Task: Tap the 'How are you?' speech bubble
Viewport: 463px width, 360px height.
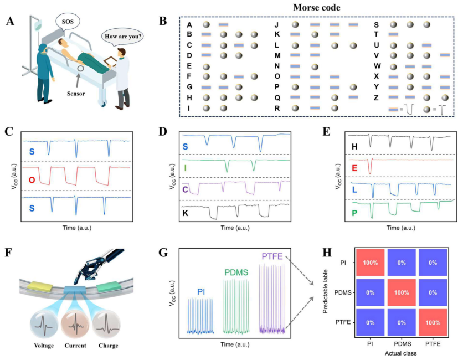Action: pos(122,38)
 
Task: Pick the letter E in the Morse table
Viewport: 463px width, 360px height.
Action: pos(189,66)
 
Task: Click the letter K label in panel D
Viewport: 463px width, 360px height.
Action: pos(186,212)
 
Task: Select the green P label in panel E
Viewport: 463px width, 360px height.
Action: pos(353,213)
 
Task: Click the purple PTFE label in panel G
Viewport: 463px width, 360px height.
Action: pos(271,256)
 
